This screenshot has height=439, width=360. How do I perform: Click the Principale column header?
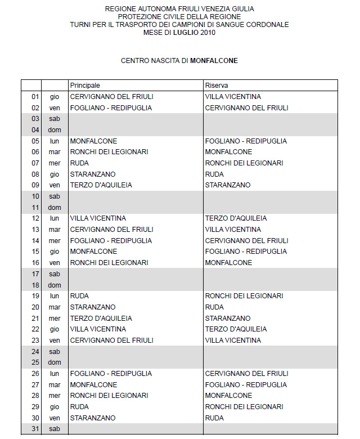pos(85,86)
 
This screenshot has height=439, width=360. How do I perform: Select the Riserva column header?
pos(217,86)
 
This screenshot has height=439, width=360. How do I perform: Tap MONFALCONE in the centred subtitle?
pos(214,60)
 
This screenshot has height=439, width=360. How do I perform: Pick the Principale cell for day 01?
pos(111,97)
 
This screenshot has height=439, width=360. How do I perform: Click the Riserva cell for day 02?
pos(246,107)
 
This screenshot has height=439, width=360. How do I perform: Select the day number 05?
pos(35,141)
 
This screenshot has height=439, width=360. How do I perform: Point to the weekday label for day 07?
pos(55,163)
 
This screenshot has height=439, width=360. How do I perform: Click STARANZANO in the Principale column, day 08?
pos(93,174)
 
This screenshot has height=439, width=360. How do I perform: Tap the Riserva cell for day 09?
pos(228,185)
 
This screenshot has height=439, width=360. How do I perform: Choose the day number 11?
pos(35,208)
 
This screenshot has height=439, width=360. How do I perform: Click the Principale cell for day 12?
pos(98,218)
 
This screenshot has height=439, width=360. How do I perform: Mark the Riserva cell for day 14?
pos(246,241)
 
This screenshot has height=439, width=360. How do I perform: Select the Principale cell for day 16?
pos(109,263)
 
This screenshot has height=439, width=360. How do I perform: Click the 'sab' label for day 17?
pos(55,274)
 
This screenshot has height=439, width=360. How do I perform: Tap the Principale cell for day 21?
pos(101,319)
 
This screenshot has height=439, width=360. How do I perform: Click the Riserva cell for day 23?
pos(233,341)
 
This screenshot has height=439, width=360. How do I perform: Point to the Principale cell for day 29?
pos(79,407)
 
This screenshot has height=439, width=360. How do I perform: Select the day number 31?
pos(35,429)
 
